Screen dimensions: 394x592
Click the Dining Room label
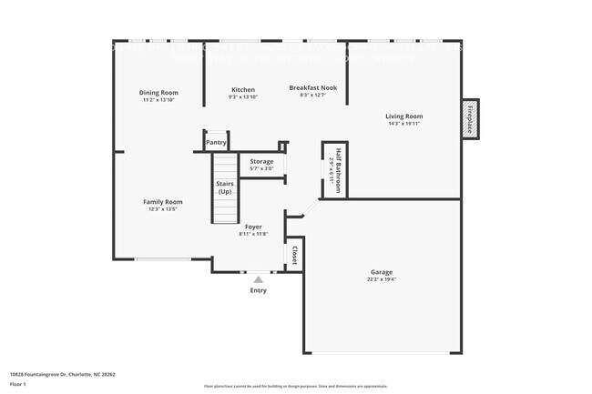point(158,93)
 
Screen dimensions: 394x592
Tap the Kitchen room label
point(243,90)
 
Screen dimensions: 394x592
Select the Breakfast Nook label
point(313,88)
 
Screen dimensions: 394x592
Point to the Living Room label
point(403,116)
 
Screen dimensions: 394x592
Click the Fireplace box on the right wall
point(471,118)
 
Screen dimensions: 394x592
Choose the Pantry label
point(216,143)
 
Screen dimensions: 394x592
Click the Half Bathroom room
point(335,169)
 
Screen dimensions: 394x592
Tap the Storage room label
point(261,162)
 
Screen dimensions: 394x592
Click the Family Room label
point(162,202)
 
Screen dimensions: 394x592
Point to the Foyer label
point(253,227)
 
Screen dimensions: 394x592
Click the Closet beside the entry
point(294,257)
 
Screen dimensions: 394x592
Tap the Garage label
point(382,272)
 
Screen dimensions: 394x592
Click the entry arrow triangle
point(259,280)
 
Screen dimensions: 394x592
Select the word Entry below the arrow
point(259,291)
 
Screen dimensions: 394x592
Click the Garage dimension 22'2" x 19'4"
point(382,279)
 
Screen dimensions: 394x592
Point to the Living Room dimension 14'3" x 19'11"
point(403,124)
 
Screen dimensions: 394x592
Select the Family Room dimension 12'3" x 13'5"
point(162,209)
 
